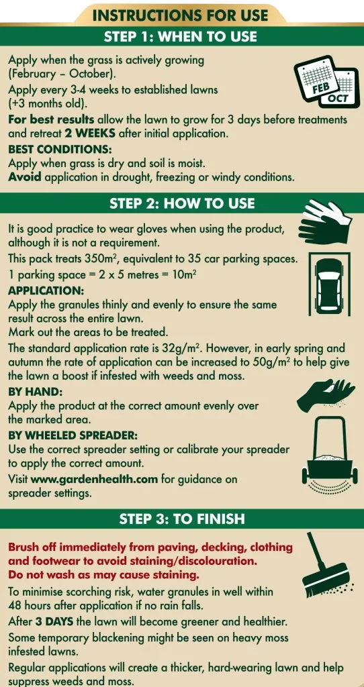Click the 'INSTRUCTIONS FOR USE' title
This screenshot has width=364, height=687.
(180, 16)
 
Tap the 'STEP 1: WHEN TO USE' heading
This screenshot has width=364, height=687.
(180, 36)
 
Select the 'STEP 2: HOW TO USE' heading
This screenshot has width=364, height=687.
(181, 203)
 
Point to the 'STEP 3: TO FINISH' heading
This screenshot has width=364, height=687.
(181, 519)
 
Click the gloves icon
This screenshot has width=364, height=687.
(325, 222)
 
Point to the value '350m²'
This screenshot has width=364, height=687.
(99, 258)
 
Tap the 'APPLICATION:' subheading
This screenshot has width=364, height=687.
(40, 290)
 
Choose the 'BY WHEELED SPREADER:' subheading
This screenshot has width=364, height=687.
(73, 435)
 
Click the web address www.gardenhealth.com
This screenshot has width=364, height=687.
(94, 479)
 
